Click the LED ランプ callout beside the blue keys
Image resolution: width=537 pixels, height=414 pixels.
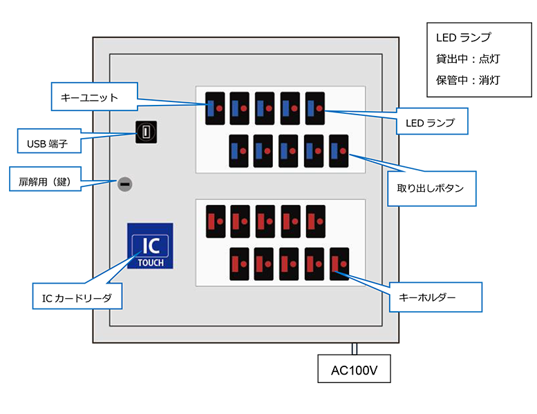pyautogui.click(x=431, y=122)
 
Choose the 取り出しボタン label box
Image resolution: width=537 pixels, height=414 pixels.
pyautogui.click(x=431, y=187)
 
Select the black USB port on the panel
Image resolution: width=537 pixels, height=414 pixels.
pyautogui.click(x=146, y=132)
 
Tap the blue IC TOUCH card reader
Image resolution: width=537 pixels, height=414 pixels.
pyautogui.click(x=150, y=246)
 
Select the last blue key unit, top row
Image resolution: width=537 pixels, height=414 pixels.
pyautogui.click(x=315, y=109)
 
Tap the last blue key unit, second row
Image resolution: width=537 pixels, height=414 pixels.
pyautogui.click(x=339, y=150)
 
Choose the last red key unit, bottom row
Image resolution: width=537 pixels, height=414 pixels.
pyautogui.click(x=339, y=264)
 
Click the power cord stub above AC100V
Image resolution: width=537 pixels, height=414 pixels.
pyautogui.click(x=354, y=348)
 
